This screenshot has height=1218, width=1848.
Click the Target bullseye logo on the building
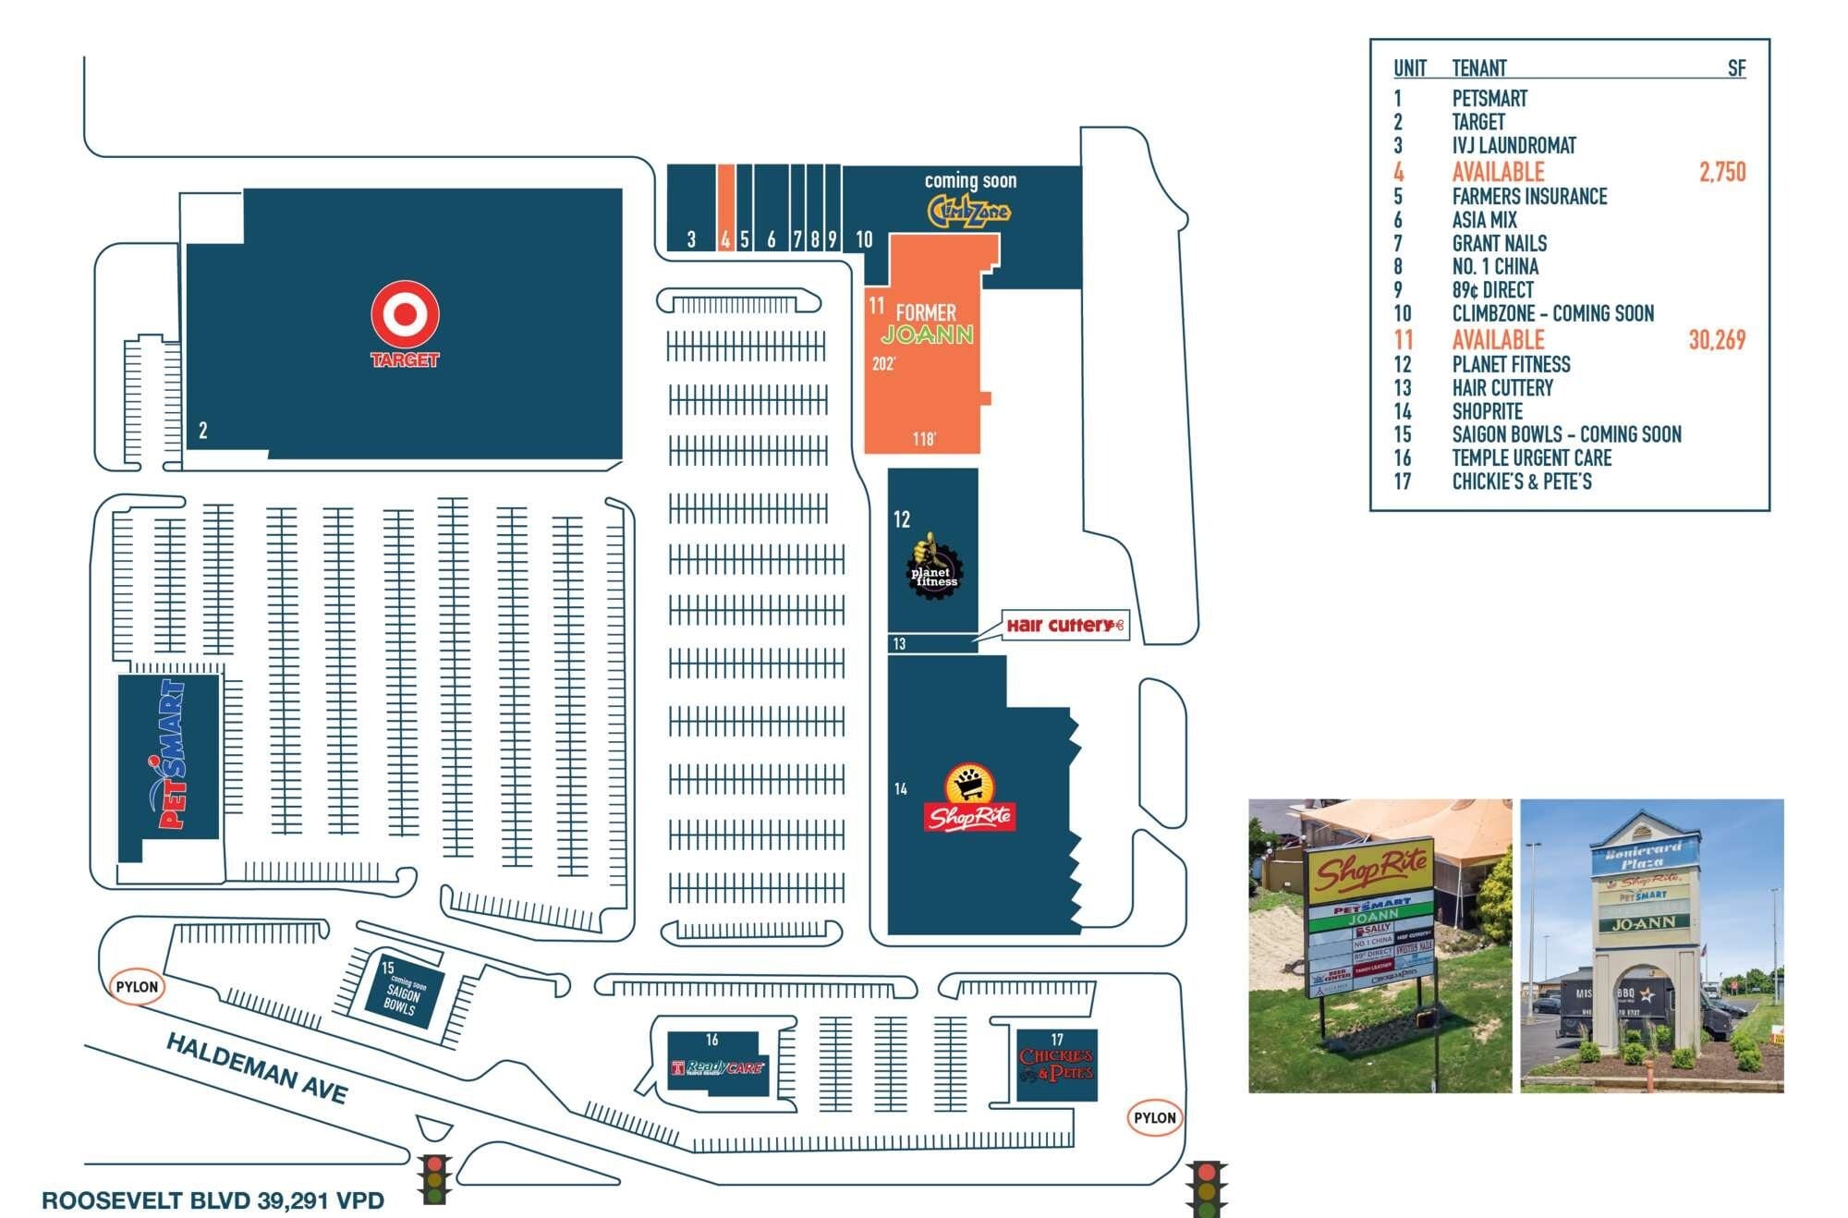pyautogui.click(x=405, y=314)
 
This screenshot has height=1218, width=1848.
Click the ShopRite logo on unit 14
pyautogui.click(x=968, y=800)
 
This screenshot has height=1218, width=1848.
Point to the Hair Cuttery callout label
pyautogui.click(x=1064, y=626)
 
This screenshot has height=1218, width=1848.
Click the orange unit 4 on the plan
pyautogui.click(x=726, y=207)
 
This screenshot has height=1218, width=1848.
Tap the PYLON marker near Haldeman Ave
pyautogui.click(x=137, y=987)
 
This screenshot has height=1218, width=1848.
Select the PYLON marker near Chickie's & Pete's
pyautogui.click(x=1154, y=1118)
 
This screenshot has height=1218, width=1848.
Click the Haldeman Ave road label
pyautogui.click(x=257, y=1068)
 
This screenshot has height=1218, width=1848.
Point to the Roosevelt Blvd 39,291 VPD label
pyautogui.click(x=213, y=1200)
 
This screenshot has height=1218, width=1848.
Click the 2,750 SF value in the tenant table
pyautogui.click(x=1721, y=172)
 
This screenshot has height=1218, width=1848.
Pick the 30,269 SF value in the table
pyautogui.click(x=1717, y=340)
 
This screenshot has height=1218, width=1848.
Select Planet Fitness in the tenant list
pyautogui.click(x=1511, y=365)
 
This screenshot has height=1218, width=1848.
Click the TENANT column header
pyautogui.click(x=1478, y=68)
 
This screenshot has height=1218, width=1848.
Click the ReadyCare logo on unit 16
pyautogui.click(x=719, y=1068)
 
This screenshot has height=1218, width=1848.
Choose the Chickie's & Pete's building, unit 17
pyautogui.click(x=1056, y=1066)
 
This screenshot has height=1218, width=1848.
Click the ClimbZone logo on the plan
pyautogui.click(x=968, y=212)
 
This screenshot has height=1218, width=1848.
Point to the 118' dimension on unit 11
pyautogui.click(x=924, y=439)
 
